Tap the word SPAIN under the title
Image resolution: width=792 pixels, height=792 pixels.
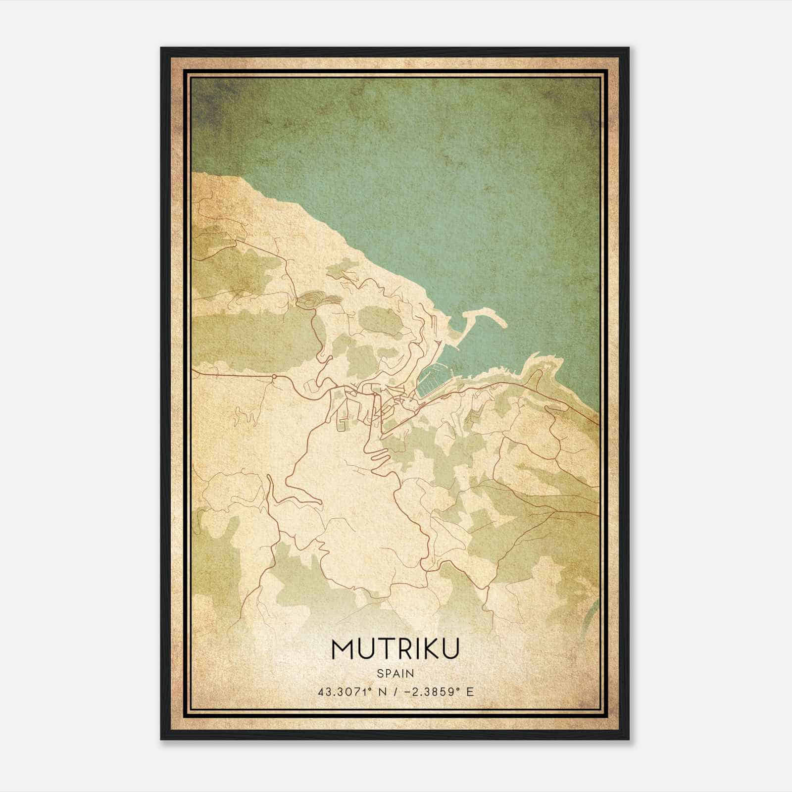(x=396, y=673)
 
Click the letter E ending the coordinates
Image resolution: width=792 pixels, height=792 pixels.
(x=470, y=692)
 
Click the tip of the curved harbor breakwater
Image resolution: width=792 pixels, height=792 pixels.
(x=502, y=324)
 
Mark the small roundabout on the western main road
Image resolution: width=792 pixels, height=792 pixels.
(x=273, y=378)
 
